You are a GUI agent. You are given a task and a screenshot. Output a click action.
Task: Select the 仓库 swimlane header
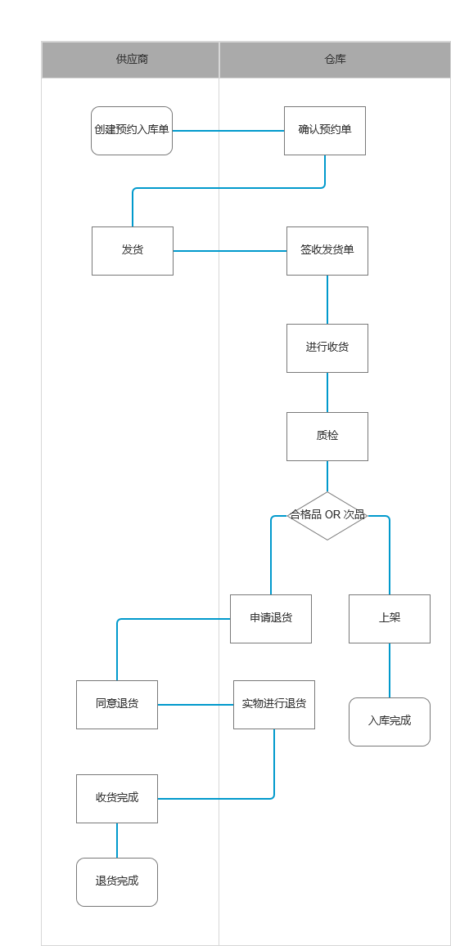click(x=335, y=60)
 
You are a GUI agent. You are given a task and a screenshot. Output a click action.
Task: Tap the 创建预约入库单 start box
click(x=132, y=131)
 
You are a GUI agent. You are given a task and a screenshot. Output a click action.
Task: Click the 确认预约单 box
click(x=325, y=131)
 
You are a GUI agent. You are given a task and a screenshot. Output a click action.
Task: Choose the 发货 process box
click(x=133, y=251)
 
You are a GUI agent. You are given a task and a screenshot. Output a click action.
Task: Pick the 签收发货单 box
click(x=327, y=251)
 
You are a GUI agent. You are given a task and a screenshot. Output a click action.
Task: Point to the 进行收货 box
click(x=327, y=348)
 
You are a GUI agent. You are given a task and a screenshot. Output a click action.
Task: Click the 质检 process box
click(x=327, y=436)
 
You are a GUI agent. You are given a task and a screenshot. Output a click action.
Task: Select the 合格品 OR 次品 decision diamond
click(x=327, y=516)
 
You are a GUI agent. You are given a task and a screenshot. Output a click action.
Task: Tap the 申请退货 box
click(x=270, y=619)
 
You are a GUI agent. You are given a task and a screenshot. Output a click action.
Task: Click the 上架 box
click(x=390, y=619)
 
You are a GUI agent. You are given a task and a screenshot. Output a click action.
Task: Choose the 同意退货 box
click(x=116, y=705)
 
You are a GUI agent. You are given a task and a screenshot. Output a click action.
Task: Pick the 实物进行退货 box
click(x=274, y=705)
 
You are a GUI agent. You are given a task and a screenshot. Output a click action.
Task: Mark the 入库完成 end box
click(x=390, y=722)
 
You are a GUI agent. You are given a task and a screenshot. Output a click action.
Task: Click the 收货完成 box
click(x=116, y=799)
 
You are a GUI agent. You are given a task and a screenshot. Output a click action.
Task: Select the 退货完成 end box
click(x=116, y=882)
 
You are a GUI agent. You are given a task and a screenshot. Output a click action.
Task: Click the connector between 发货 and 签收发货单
click(x=230, y=251)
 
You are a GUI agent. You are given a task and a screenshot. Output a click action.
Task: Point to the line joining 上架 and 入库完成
click(x=390, y=670)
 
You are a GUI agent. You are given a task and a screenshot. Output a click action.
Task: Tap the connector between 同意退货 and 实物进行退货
click(x=196, y=705)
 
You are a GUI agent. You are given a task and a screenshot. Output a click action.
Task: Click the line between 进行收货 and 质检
click(x=327, y=392)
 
